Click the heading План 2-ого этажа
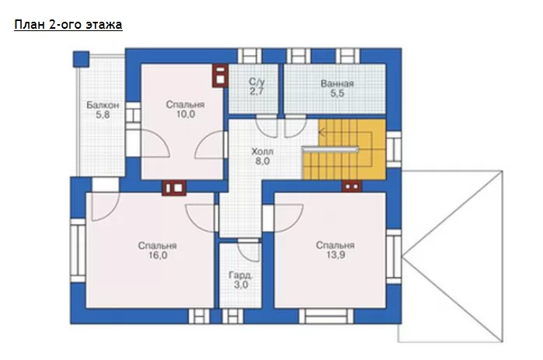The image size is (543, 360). [68, 25]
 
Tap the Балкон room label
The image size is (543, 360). [103, 105]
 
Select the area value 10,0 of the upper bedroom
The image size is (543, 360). [186, 114]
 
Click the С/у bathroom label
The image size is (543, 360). [256, 82]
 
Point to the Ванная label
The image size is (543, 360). [337, 83]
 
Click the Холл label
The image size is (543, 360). [262, 152]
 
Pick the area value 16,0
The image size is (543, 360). [158, 255]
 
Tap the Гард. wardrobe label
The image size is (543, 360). [241, 275]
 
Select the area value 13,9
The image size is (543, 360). [336, 255]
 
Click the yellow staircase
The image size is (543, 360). [344, 150]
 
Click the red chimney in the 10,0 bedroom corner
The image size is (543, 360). [221, 75]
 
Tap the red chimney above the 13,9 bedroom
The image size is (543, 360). [352, 187]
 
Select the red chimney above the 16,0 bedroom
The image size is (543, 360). [174, 188]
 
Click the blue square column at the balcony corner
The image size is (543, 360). [81, 59]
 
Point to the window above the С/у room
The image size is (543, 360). [249, 56]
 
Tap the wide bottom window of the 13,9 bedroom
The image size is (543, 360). [326, 316]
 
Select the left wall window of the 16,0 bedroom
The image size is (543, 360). [78, 250]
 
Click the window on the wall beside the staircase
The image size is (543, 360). [394, 149]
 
